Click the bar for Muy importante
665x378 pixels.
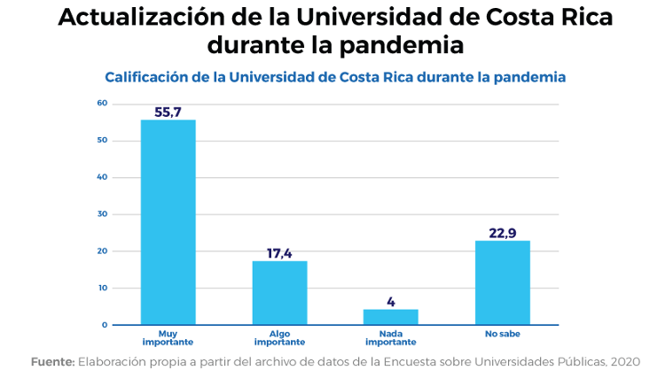(x=168, y=222)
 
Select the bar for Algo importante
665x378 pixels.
(x=279, y=293)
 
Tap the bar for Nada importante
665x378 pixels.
(x=390, y=317)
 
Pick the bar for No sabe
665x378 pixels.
(x=502, y=282)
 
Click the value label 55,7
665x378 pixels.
(x=168, y=112)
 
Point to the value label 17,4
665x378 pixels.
(x=279, y=253)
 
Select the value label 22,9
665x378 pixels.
(x=502, y=233)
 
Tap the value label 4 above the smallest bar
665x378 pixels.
(x=390, y=302)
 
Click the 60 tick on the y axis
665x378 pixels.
(x=102, y=104)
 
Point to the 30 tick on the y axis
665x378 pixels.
(x=102, y=214)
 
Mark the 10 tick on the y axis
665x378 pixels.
(x=102, y=288)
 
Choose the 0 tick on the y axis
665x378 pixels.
(x=104, y=325)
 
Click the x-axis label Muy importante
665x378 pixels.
(x=168, y=338)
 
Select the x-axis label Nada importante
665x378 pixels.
(x=390, y=338)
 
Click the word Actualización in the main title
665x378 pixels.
(x=141, y=19)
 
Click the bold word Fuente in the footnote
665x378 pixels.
(x=52, y=361)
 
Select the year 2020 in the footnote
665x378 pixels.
(x=623, y=361)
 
